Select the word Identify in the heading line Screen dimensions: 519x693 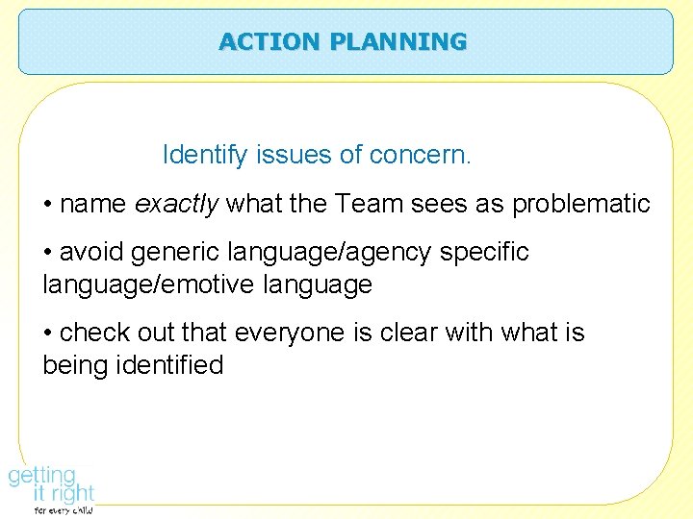pos(200,154)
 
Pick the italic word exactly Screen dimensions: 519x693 pos(176,204)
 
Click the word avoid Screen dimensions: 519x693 pos(91,252)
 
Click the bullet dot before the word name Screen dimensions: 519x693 pos(48,205)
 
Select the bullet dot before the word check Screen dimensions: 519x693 pos(48,334)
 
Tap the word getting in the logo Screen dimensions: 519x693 pos(42,476)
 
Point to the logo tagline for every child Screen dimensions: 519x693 pos(64,510)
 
